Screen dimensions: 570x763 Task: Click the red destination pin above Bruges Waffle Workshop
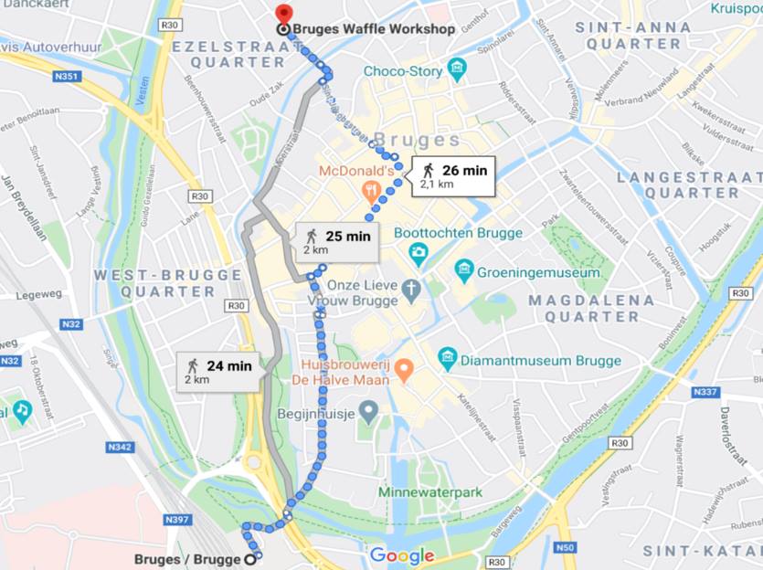click(x=284, y=15)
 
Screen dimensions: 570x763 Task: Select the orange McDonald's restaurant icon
click(x=371, y=191)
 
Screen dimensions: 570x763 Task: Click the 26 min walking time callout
click(x=453, y=175)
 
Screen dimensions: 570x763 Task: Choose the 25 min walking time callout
click(x=336, y=241)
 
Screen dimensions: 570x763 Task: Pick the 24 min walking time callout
click(x=218, y=371)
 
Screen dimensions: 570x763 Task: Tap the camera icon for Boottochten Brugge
click(x=419, y=251)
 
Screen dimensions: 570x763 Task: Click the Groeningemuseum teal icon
click(x=464, y=271)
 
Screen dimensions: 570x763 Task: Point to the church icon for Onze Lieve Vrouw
click(x=413, y=291)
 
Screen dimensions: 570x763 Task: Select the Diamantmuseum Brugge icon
click(x=447, y=359)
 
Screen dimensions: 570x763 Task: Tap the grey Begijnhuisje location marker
click(x=367, y=412)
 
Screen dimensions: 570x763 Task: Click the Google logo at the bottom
click(x=402, y=555)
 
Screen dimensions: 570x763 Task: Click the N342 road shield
click(x=121, y=447)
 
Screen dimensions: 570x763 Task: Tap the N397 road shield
click(x=177, y=520)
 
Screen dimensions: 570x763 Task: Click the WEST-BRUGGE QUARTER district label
click(x=155, y=283)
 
